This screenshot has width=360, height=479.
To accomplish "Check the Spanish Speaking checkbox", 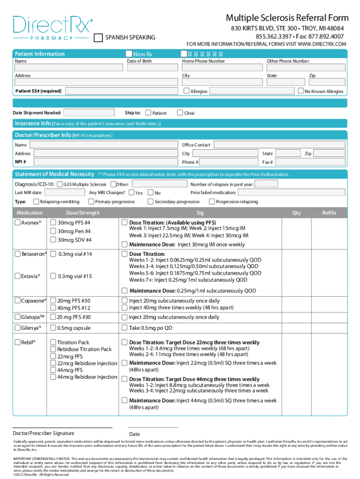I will (98, 37).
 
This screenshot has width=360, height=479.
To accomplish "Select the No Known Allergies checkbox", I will (301, 91).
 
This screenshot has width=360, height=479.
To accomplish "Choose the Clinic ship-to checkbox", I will (180, 113).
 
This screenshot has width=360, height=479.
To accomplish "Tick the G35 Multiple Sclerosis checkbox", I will (59, 184).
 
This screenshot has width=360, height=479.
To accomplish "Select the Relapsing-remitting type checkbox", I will (36, 202).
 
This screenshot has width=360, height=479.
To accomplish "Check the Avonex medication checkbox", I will (17, 223).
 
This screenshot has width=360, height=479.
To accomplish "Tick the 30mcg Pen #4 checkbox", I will (53, 232).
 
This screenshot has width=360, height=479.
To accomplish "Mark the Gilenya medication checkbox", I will (17, 328).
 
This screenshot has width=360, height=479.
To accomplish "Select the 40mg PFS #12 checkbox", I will (53, 308).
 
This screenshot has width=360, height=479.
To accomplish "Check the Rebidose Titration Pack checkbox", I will (53, 349).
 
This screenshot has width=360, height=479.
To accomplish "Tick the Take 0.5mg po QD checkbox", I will (124, 328).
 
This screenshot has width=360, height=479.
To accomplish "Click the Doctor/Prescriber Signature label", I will (43, 433).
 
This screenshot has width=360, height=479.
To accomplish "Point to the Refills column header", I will (329, 213).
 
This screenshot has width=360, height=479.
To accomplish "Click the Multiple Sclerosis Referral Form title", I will (287, 18).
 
